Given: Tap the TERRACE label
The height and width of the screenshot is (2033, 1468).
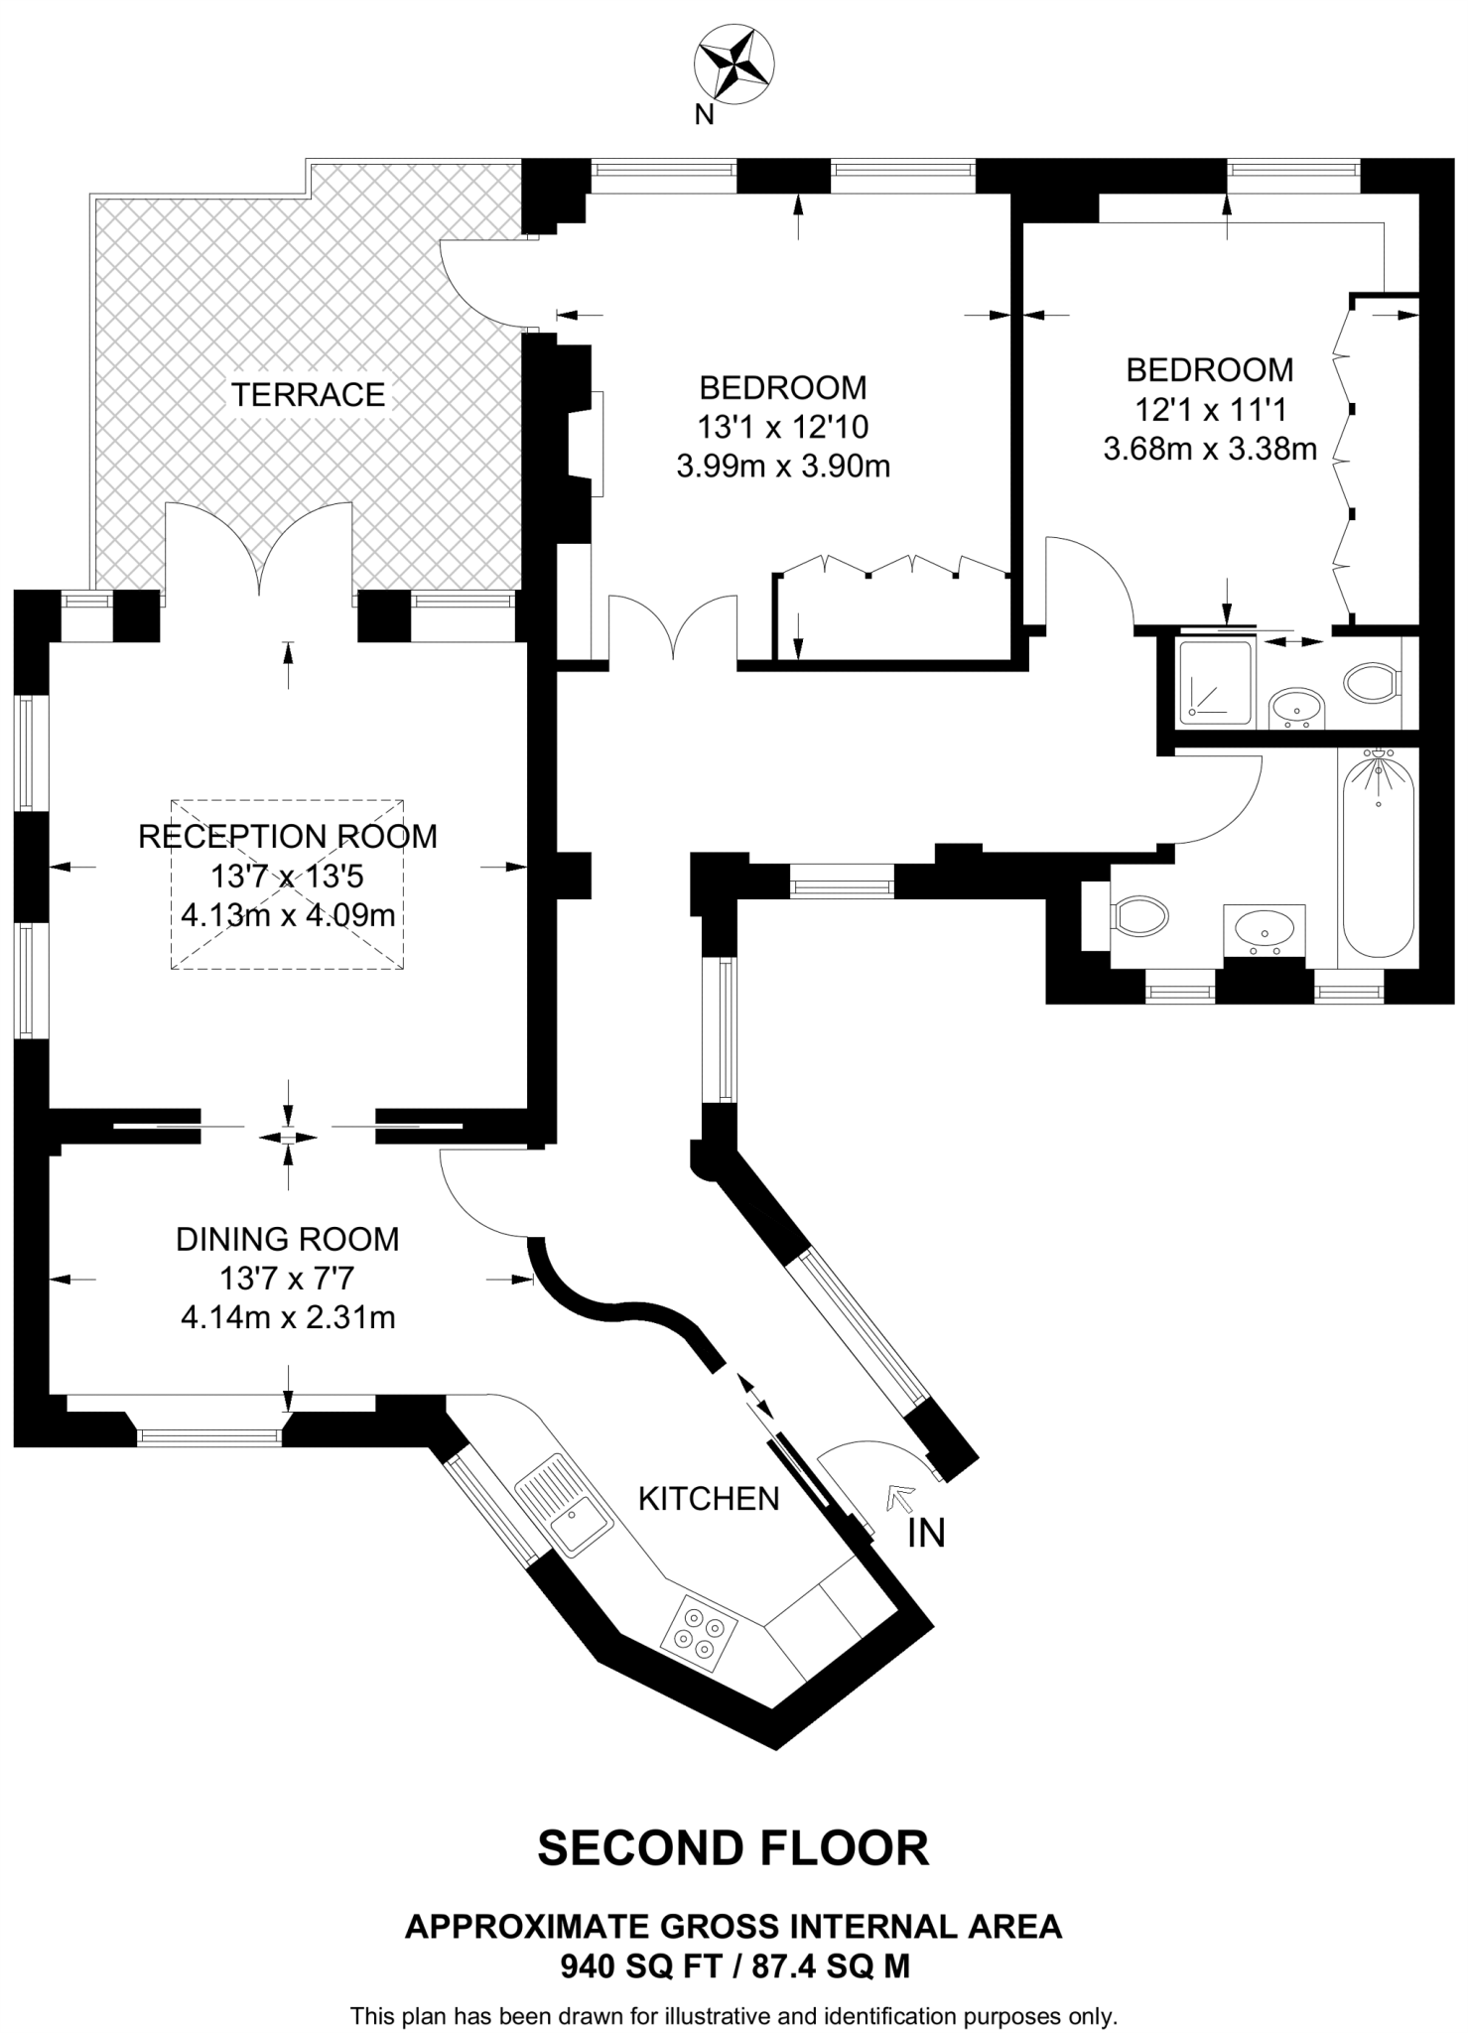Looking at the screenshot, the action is (308, 395).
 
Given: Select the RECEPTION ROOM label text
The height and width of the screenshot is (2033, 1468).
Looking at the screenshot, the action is (287, 837).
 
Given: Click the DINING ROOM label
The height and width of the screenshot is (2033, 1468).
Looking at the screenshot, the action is (287, 1239).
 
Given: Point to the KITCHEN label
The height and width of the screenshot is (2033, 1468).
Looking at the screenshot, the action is (709, 1498).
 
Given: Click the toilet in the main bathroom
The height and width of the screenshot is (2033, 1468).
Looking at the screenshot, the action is (1139, 915).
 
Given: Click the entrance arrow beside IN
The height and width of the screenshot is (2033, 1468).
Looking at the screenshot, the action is (901, 1496).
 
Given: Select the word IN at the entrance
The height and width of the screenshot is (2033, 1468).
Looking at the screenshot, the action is (926, 1534).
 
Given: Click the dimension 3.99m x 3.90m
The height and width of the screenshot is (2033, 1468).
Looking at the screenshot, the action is (783, 467).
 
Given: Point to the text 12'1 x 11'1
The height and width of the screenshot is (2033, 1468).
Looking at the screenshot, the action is (1209, 409).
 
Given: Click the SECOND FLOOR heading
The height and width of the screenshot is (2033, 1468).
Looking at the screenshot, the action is (734, 1848).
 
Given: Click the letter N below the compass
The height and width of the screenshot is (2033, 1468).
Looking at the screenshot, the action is (704, 116).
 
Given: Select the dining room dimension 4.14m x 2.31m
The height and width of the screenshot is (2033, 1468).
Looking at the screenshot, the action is (288, 1318).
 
